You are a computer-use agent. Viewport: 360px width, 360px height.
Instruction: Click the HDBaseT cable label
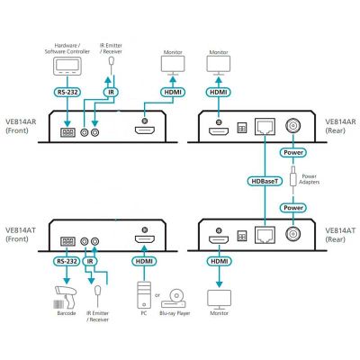click(265, 181)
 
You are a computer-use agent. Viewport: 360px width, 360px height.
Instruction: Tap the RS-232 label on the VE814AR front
click(67, 93)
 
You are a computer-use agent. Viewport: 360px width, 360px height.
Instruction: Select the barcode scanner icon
click(66, 298)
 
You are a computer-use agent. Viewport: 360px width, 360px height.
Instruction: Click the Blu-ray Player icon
click(175, 299)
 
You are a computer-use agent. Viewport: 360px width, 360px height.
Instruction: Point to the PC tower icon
click(144, 295)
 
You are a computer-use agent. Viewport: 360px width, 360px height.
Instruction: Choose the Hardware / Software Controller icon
click(67, 66)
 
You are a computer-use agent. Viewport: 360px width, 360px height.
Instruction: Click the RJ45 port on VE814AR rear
click(265, 127)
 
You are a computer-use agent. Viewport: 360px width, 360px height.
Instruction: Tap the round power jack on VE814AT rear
click(293, 234)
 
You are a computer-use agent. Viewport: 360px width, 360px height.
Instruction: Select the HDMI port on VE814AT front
click(145, 239)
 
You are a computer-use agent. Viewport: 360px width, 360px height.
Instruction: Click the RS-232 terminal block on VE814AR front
click(67, 132)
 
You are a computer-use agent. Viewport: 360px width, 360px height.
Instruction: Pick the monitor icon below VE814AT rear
click(220, 300)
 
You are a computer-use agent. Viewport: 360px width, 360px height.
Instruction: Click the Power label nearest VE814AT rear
click(293, 208)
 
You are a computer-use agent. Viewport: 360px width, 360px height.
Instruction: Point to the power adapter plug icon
click(293, 179)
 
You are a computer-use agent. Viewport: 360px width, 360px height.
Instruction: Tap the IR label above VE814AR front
click(112, 93)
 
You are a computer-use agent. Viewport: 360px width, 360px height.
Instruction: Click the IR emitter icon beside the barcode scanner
click(97, 295)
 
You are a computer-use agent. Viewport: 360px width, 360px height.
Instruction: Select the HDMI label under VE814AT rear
click(220, 261)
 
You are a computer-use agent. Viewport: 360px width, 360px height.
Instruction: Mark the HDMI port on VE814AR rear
click(219, 131)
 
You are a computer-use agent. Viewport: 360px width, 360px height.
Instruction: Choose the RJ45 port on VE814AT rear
click(265, 235)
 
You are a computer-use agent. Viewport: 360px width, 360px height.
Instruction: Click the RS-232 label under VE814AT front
click(67, 261)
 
